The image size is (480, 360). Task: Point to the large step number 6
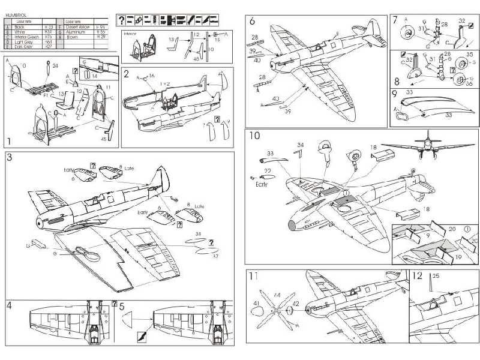(252, 22)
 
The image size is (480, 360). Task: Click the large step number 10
(254, 136)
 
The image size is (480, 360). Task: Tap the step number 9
(394, 94)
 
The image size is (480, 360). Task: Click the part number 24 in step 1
(55, 65)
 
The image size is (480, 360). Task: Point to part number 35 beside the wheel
(469, 54)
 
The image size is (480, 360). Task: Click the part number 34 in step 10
(301, 144)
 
